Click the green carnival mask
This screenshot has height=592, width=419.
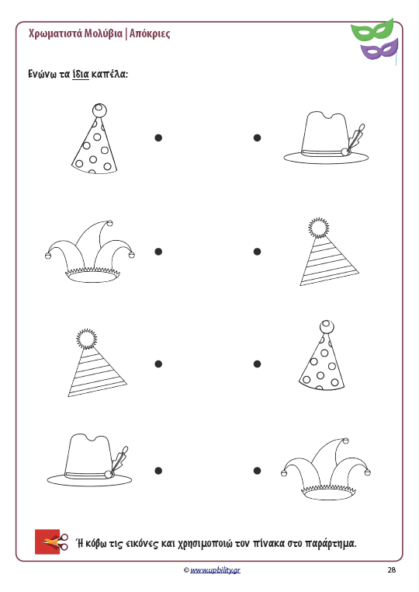[x=372, y=31]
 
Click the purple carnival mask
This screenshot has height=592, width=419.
[x=379, y=49]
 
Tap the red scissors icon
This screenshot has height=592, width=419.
[x=52, y=542]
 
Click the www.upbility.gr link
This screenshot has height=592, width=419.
[x=215, y=570]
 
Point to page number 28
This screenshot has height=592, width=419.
[x=392, y=570]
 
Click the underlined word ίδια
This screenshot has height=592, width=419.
[x=81, y=74]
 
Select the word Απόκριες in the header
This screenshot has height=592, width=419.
[x=150, y=33]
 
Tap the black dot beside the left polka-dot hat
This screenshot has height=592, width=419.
[x=158, y=138]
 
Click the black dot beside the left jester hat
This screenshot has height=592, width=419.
[x=158, y=252]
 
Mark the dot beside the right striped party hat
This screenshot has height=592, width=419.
[x=257, y=252]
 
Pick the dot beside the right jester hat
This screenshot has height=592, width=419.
[x=257, y=471]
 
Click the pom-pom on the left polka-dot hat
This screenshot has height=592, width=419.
[x=99, y=110]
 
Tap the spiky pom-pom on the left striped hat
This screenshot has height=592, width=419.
[x=86, y=339]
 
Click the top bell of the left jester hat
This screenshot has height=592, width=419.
[x=109, y=223]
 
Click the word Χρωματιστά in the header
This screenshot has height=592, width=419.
[x=55, y=33]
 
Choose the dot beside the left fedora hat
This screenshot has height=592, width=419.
[x=158, y=471]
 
